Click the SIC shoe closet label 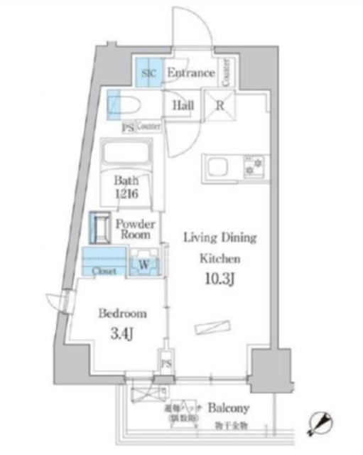pyautogui.click(x=149, y=73)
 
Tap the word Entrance pyautogui.click(x=190, y=73)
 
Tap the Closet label pyautogui.click(x=104, y=271)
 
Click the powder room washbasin pyautogui.click(x=99, y=227)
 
